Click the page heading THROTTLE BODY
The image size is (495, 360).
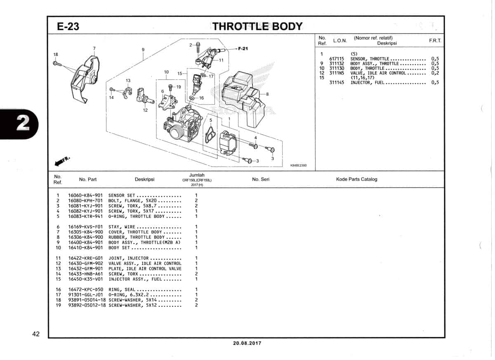(x=257, y=26)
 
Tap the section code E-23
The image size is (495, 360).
(x=68, y=27)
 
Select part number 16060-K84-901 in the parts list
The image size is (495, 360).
(x=85, y=195)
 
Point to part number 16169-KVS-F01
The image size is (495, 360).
(x=85, y=227)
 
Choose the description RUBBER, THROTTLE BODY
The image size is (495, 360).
(x=136, y=237)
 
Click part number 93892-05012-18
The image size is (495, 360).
(x=87, y=305)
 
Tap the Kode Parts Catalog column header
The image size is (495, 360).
(x=356, y=179)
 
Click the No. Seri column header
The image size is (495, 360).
(x=260, y=179)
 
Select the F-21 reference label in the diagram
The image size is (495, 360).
(x=243, y=49)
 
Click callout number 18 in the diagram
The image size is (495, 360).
(x=56, y=54)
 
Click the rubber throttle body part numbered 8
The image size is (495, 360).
(x=243, y=95)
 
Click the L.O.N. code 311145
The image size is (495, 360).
(x=337, y=83)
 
